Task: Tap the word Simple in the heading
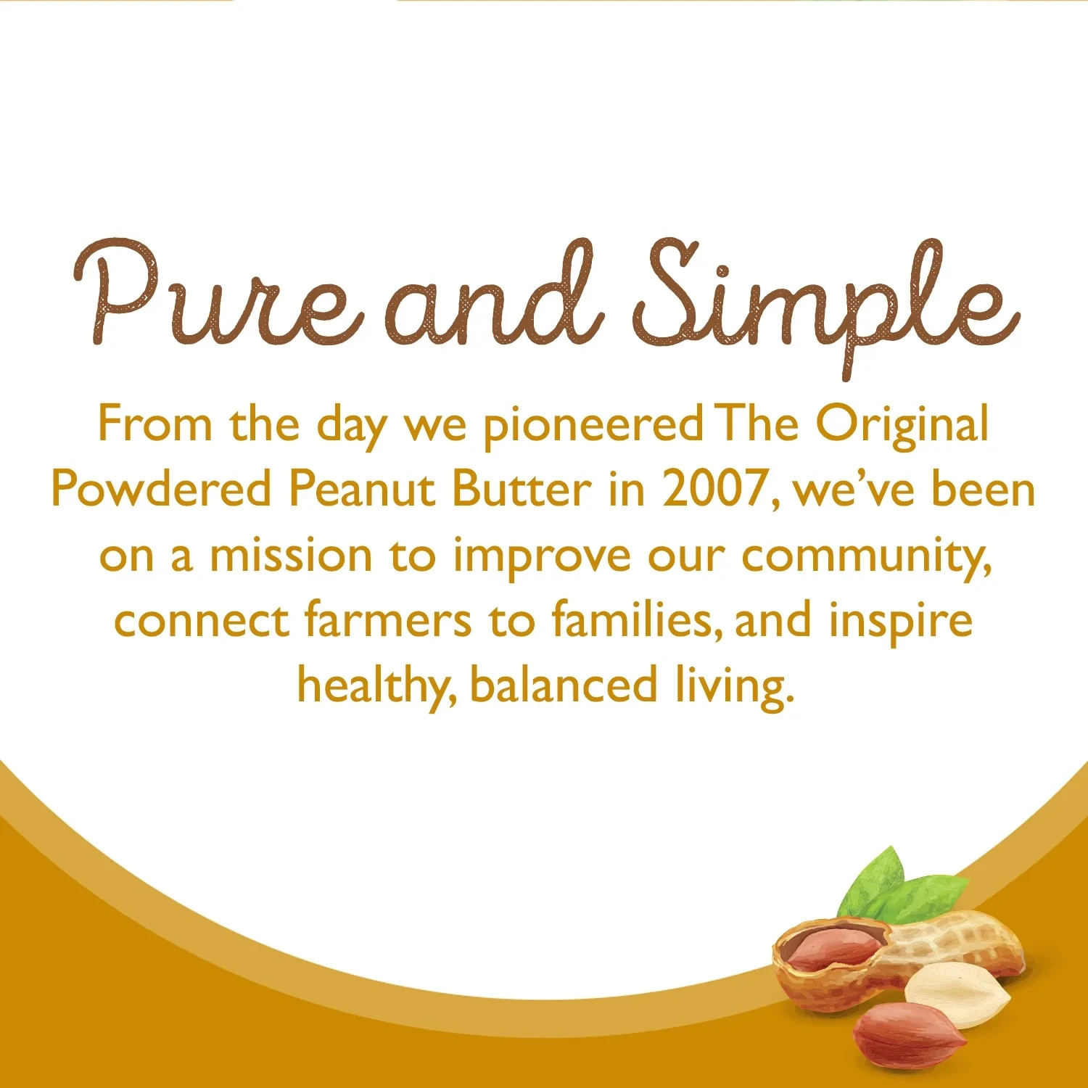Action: pyautogui.click(x=827, y=301)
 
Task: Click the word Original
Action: pyautogui.click(x=902, y=425)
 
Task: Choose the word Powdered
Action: pyautogui.click(x=161, y=489)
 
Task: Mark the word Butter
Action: pyautogui.click(x=522, y=489)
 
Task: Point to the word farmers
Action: pyautogui.click(x=388, y=621)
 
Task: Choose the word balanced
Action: pyautogui.click(x=564, y=686)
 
